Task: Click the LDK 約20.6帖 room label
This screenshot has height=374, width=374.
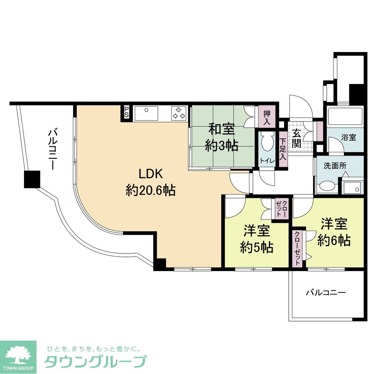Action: [x=150, y=182]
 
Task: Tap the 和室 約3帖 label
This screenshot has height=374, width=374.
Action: [x=221, y=137]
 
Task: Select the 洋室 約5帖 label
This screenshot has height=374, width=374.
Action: [x=257, y=239]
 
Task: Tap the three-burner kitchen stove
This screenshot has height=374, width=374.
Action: [x=179, y=113]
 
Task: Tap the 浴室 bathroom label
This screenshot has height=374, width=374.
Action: [x=349, y=137]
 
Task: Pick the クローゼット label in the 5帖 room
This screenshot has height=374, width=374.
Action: [x=281, y=209]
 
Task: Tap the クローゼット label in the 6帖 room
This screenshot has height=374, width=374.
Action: [x=297, y=249]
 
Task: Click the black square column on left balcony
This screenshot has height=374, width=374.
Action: [x=32, y=179]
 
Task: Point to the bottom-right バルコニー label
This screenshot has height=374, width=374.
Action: [x=325, y=292]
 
